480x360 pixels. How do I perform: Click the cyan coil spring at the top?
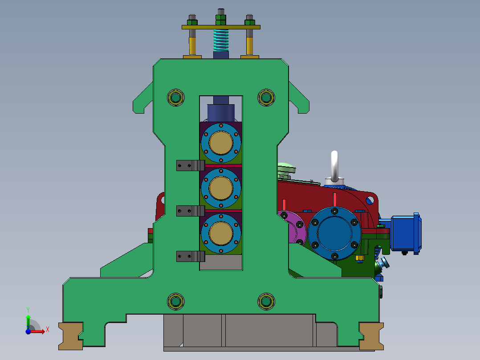pos(221,40)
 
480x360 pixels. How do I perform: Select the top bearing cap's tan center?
pos(221,143)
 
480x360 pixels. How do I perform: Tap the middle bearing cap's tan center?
pos(221,188)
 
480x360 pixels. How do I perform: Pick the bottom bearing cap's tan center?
pos(221,233)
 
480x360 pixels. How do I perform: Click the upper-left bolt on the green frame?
pos(176,98)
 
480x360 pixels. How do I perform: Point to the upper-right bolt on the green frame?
pos(266,98)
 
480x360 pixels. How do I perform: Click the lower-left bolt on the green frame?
pos(176,302)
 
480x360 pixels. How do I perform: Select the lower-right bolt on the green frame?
pos(266,302)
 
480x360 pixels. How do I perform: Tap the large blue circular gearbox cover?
pos(334,233)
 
